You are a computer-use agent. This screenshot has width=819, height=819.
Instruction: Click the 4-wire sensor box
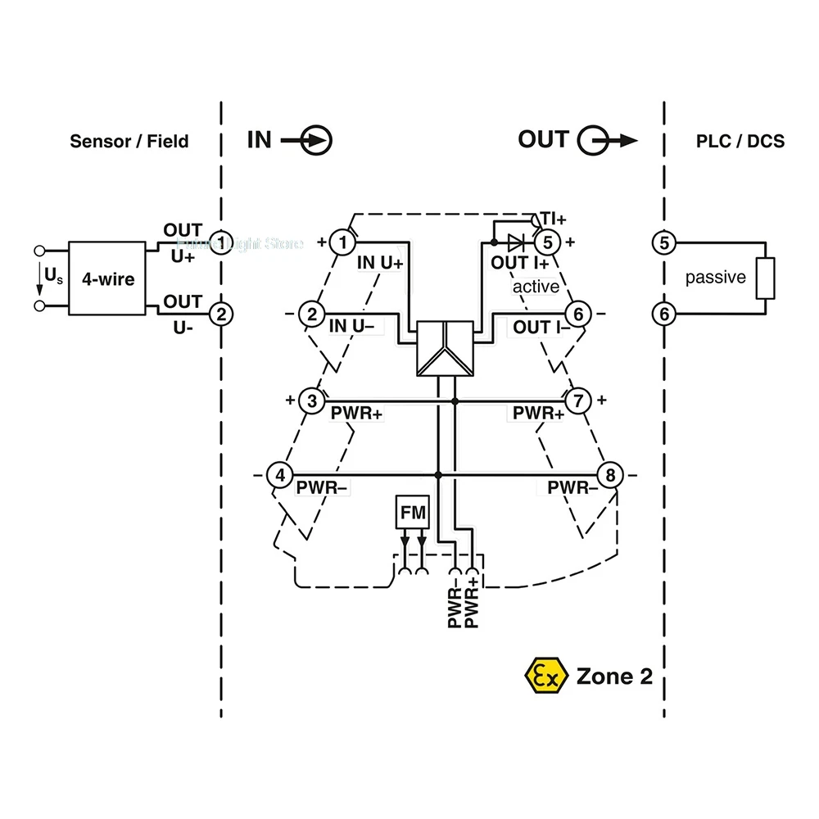click(x=107, y=278)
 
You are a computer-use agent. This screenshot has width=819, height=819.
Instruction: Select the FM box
click(x=412, y=513)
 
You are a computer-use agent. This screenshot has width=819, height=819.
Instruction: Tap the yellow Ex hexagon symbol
click(x=545, y=676)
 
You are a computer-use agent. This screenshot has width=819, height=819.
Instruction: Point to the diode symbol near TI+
click(x=515, y=242)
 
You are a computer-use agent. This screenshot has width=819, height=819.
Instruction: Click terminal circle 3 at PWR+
click(x=311, y=400)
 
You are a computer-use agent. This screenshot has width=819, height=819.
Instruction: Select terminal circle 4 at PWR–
click(x=280, y=475)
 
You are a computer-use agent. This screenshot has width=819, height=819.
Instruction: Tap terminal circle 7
click(x=578, y=400)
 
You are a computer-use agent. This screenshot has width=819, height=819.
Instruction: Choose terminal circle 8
click(x=609, y=475)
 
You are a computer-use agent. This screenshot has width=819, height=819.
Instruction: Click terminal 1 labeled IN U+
click(x=344, y=242)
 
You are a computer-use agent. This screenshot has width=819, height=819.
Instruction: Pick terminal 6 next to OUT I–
click(x=578, y=314)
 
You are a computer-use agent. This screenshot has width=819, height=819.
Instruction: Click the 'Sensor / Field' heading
click(x=129, y=141)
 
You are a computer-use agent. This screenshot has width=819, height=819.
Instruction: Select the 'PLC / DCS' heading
click(x=740, y=141)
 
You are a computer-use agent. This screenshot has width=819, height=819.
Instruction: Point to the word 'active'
click(x=536, y=287)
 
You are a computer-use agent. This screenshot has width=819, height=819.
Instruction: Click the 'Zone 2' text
click(x=614, y=676)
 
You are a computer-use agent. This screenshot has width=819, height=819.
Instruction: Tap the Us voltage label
click(x=52, y=277)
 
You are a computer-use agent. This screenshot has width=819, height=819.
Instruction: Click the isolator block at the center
click(x=445, y=348)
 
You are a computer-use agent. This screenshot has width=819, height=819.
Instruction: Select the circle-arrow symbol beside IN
click(x=316, y=140)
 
